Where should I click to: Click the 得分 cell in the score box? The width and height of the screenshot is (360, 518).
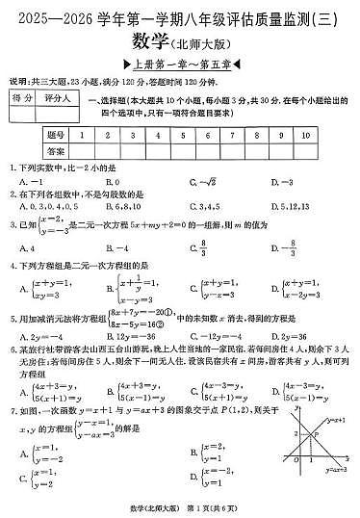(22, 100)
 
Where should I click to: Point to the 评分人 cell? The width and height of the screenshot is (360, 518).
(60, 100)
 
